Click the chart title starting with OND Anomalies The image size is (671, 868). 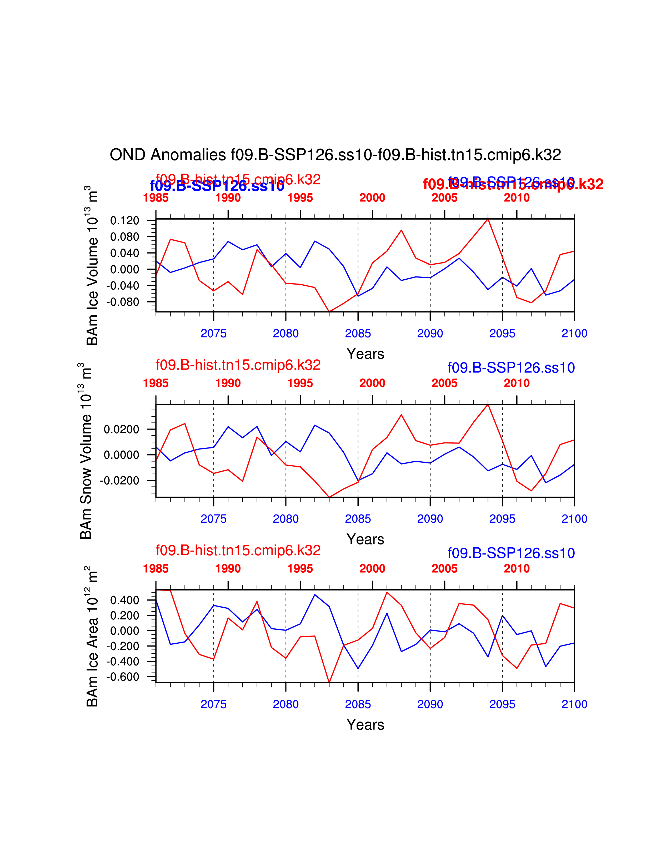pos(335,155)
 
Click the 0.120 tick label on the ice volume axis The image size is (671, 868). pos(124,221)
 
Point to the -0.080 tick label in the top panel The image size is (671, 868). pos(122,302)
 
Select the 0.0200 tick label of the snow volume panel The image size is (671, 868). pos(121,429)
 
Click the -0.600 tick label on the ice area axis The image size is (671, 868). pos(122,677)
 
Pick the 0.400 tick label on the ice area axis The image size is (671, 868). pos(124,600)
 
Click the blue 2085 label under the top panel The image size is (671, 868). pos(358,334)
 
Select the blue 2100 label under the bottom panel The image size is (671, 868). pos(574,704)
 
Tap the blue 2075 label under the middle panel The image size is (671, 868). pos(213,519)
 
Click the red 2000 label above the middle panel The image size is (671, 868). pos(372,383)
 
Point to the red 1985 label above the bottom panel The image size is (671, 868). pos(156,569)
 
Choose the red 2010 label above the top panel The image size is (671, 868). pos(516,198)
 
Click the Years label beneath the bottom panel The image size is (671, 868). pos(365,725)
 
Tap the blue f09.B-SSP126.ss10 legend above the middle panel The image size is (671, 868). pos(511,368)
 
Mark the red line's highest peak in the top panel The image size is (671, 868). pos(488,219)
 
